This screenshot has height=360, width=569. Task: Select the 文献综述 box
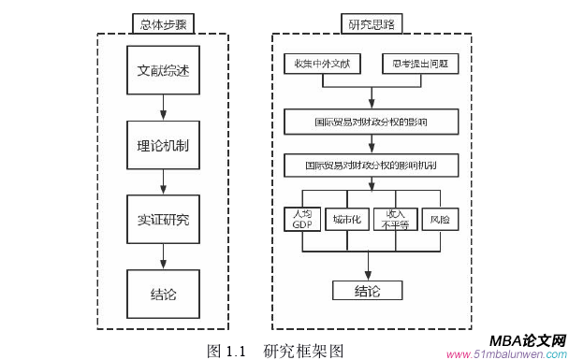pos(164,71)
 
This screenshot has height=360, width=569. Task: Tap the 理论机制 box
pos(164,147)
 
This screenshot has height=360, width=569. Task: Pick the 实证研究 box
pos(164,220)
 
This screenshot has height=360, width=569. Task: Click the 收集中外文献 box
pos(321,65)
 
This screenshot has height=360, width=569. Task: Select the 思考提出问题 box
pos(419,65)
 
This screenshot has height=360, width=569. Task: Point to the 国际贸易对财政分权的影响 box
pos(372,122)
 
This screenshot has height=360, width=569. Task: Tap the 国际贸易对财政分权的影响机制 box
pos(372,164)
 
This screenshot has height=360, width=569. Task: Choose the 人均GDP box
pos(301,219)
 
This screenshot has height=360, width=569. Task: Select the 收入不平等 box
pos(396,219)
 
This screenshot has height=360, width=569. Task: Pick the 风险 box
pos(440,219)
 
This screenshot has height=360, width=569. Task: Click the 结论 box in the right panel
pos(367,290)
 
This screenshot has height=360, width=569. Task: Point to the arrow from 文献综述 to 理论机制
pos(164,108)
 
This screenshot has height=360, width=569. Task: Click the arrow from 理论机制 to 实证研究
pos(164,183)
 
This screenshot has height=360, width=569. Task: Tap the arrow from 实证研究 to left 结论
pos(164,256)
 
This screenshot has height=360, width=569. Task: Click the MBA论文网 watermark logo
pos(528,340)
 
